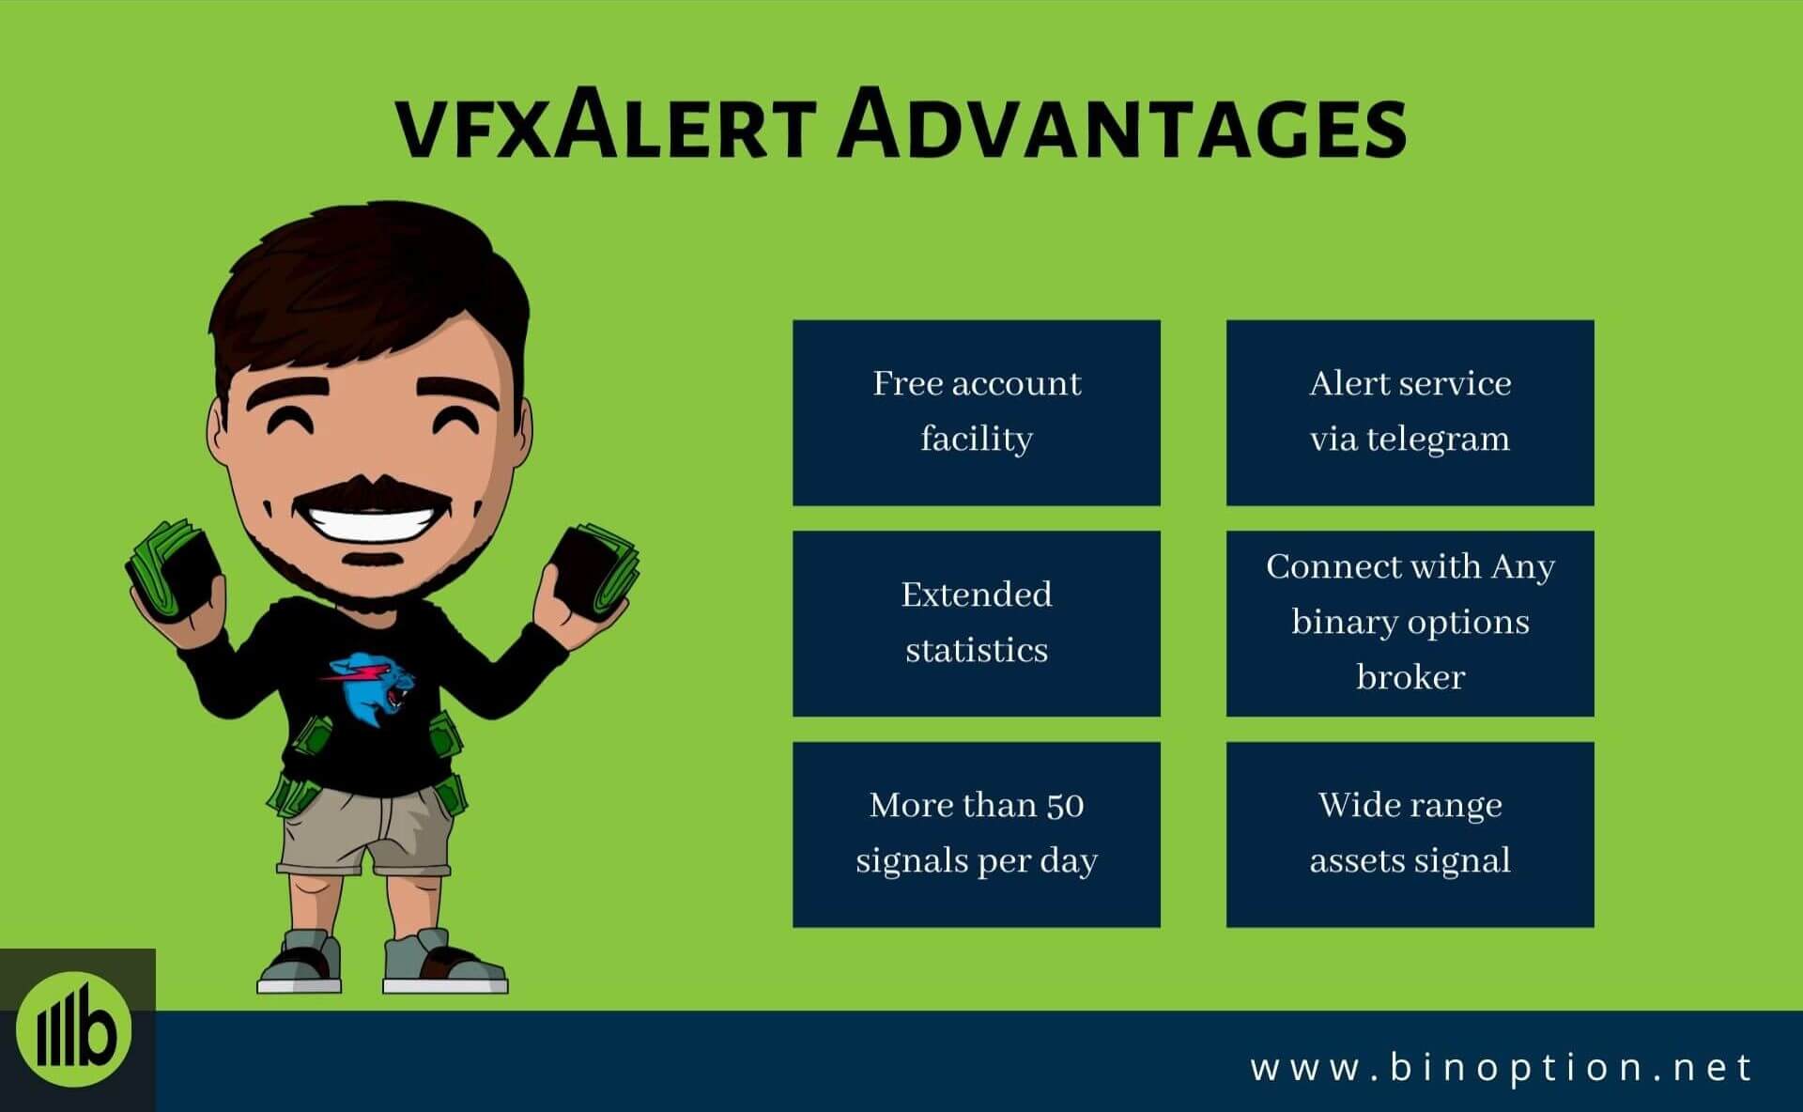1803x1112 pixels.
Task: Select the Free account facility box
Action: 977,412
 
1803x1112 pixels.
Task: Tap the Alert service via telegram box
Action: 1410,412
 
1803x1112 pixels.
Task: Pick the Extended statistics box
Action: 977,624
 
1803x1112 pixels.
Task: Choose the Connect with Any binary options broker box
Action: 1410,624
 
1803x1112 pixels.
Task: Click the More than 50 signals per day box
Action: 977,834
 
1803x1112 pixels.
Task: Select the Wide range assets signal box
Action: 1410,834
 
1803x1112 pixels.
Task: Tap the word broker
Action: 1410,676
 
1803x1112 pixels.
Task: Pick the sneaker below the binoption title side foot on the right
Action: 444,962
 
